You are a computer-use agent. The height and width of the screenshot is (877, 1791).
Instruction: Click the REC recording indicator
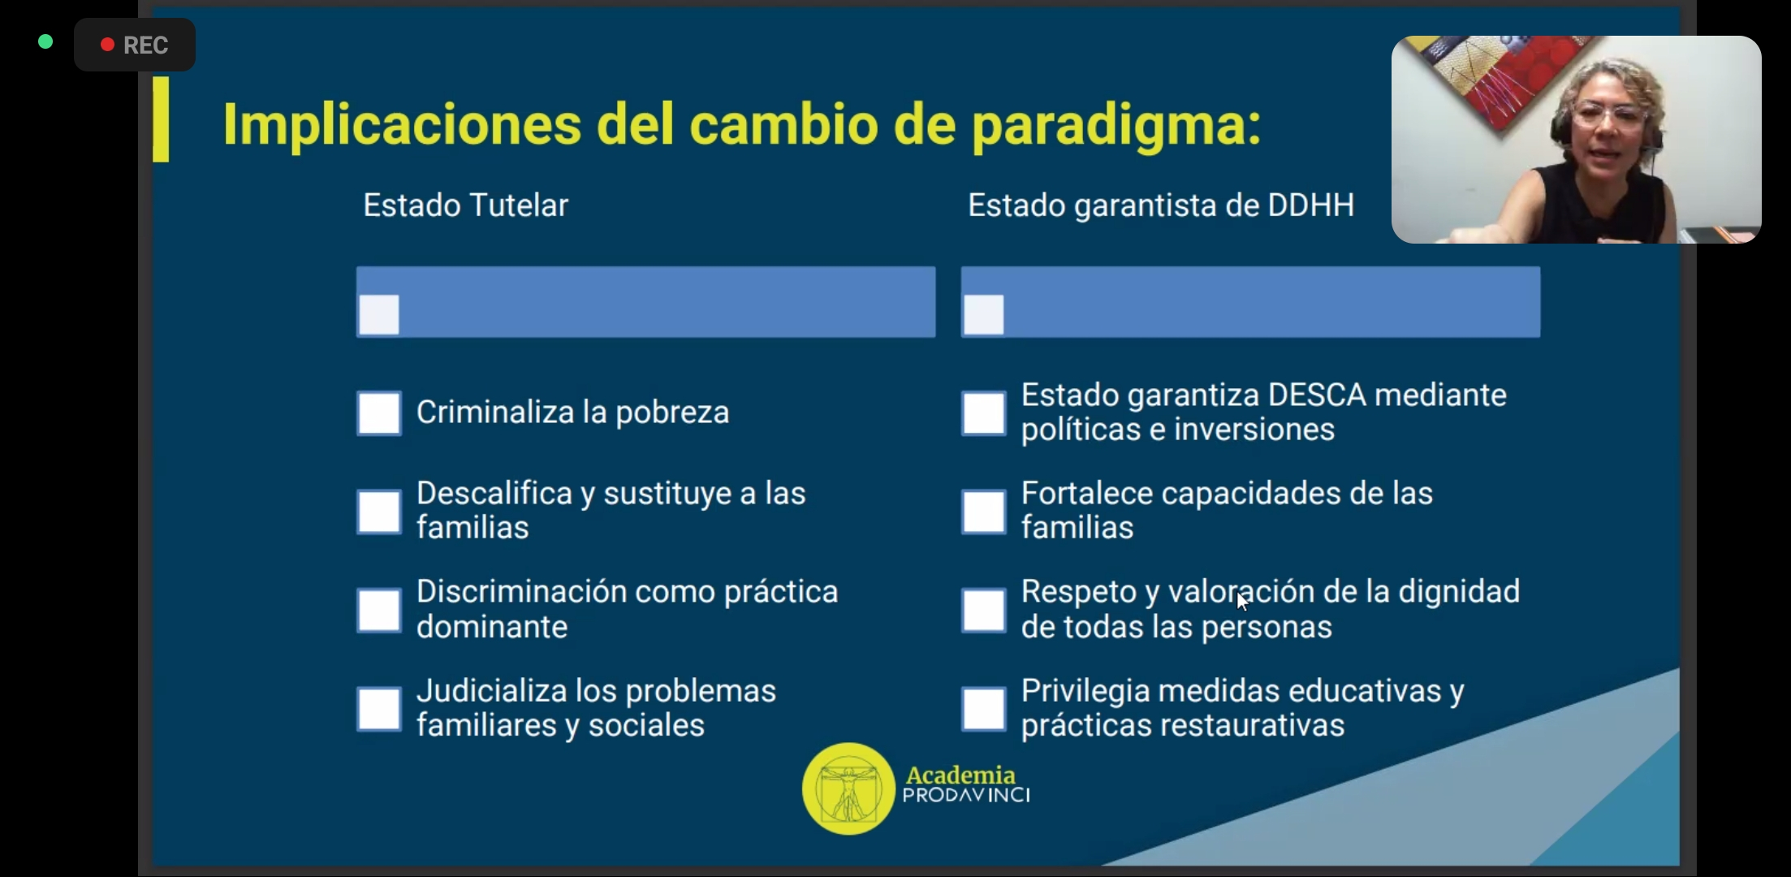(x=135, y=45)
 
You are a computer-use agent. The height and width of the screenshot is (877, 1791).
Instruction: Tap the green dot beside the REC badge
(x=45, y=41)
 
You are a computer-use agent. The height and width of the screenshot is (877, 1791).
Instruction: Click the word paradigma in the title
(x=1116, y=126)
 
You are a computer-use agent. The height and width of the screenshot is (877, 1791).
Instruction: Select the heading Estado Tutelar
(x=465, y=205)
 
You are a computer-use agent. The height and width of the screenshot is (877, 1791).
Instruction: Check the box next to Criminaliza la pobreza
(x=379, y=413)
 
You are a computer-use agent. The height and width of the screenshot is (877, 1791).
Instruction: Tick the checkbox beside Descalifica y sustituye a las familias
(x=379, y=512)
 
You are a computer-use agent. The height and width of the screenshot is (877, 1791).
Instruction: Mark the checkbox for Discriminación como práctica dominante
(x=379, y=610)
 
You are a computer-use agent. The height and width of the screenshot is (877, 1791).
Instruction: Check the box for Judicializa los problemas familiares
(x=379, y=709)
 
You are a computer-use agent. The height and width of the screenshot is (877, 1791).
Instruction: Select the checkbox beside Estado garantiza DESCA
(x=984, y=413)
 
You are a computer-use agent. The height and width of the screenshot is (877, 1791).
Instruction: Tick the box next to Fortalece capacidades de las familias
(x=984, y=512)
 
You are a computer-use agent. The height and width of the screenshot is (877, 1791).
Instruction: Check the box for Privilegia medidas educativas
(x=984, y=709)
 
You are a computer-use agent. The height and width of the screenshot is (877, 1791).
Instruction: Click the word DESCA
(x=1317, y=395)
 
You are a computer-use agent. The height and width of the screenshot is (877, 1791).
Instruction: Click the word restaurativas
(x=1264, y=725)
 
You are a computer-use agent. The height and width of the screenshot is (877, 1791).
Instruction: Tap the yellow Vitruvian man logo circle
(x=848, y=788)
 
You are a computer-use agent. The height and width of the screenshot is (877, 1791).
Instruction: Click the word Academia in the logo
(x=960, y=775)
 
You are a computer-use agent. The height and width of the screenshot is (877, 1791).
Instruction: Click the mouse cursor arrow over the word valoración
(x=1242, y=602)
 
